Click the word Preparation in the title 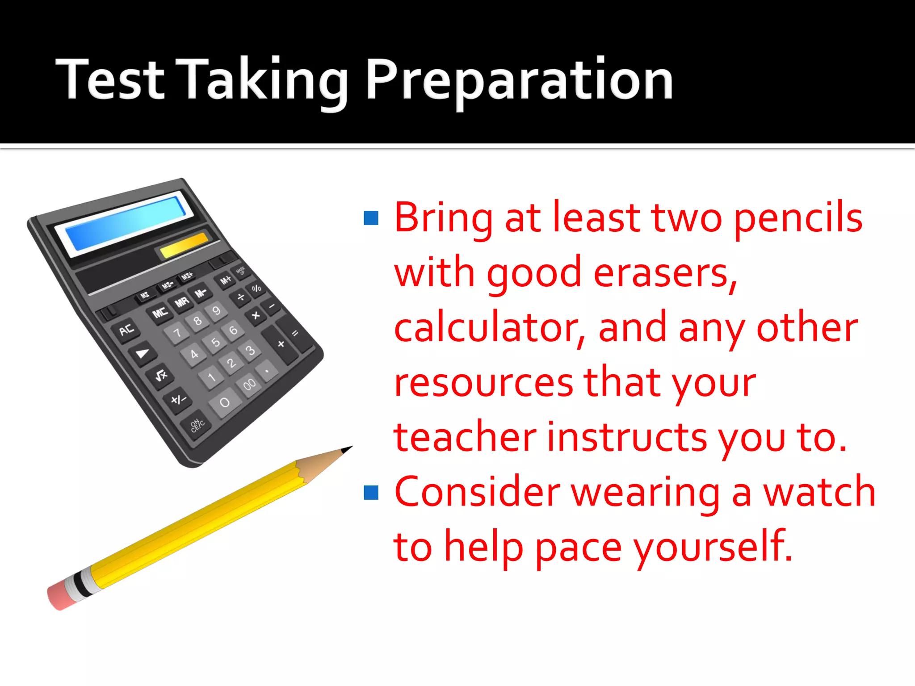(519, 80)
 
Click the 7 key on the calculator (177, 333)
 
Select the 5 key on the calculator (216, 343)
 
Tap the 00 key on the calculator (249, 384)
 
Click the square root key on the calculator (161, 375)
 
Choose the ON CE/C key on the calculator (197, 425)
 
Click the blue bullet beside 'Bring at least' (371, 218)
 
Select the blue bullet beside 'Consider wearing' (371, 493)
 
